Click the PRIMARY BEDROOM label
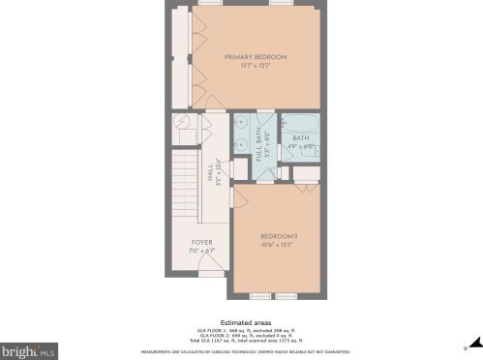pos(256,56)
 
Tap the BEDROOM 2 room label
pos(277,235)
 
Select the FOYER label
pos(201,242)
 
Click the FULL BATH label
pos(259,145)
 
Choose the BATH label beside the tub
pos(300,138)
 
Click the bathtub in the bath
pos(299,124)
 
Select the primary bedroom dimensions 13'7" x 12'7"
pos(256,66)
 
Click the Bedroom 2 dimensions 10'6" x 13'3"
pos(277,245)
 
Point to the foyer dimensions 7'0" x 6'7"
pos(201,251)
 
